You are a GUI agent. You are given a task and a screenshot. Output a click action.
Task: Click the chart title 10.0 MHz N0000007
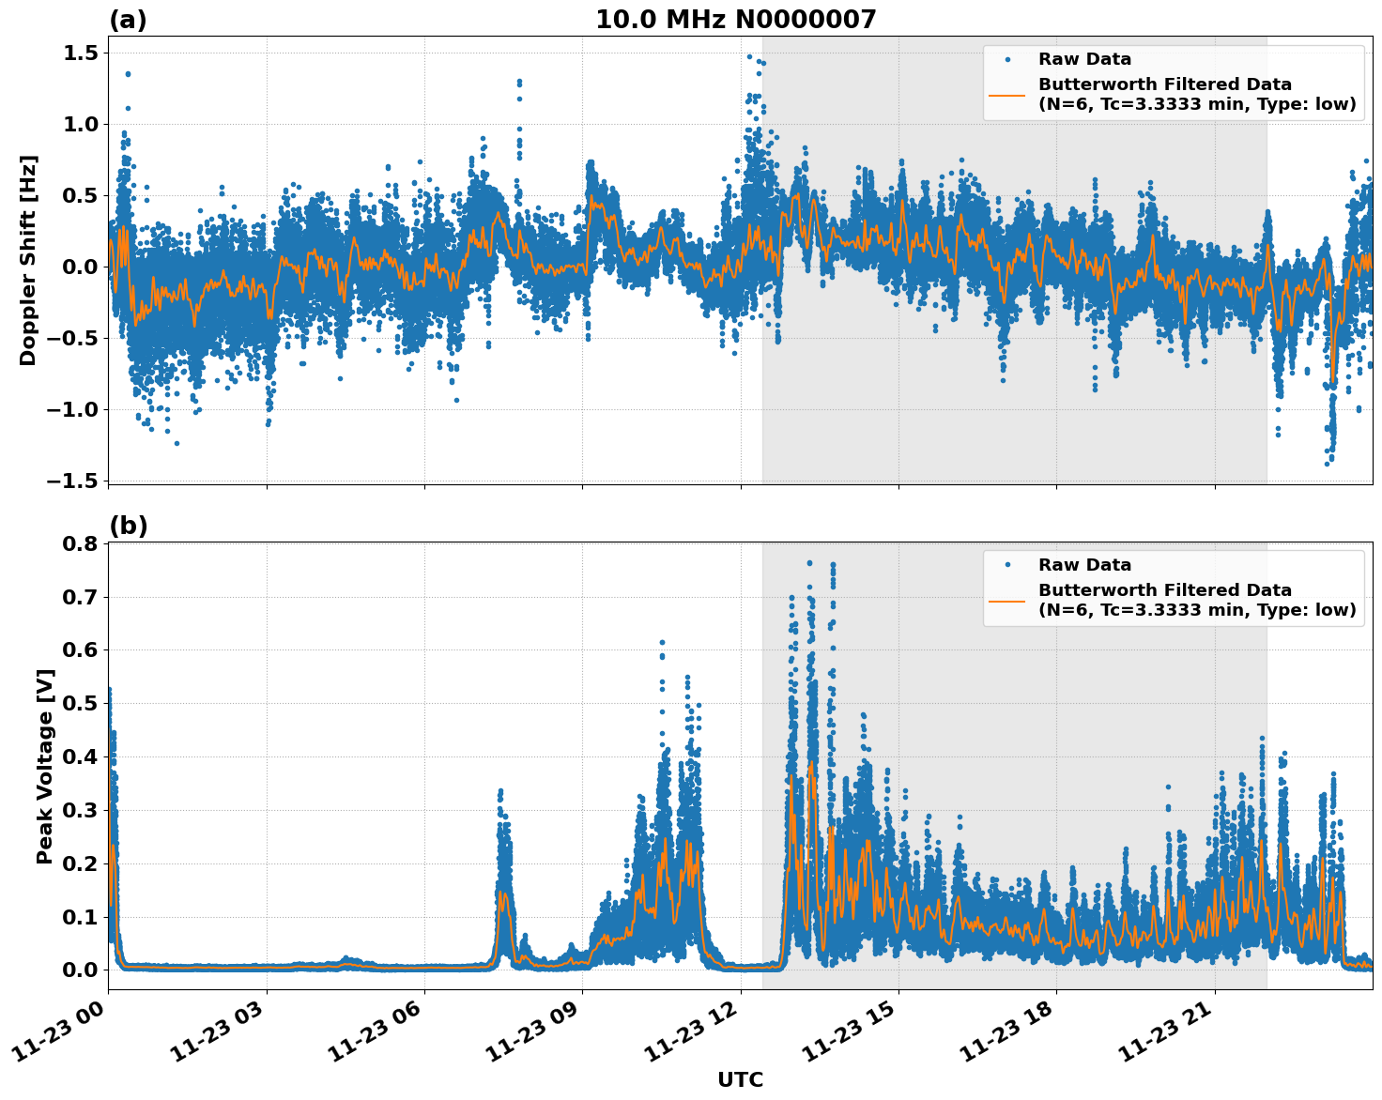pos(735,20)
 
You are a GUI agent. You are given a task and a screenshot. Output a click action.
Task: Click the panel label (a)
pos(128,20)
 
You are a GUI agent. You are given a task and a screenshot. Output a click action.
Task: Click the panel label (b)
pos(128,527)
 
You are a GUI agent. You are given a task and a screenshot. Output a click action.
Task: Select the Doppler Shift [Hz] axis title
pos(28,260)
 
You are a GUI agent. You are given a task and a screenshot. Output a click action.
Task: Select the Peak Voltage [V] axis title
pos(44,766)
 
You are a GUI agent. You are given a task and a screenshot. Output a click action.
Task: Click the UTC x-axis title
pos(740,1079)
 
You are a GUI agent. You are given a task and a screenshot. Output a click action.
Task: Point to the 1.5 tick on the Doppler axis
pos(80,53)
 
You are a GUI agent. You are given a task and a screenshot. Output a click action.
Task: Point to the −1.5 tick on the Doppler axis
pos(72,481)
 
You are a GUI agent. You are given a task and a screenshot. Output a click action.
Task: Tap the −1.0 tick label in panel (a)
pos(72,409)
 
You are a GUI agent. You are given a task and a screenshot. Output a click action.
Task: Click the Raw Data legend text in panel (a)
pos(1084,59)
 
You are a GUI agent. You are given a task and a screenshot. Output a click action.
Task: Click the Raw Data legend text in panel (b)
pos(1084,565)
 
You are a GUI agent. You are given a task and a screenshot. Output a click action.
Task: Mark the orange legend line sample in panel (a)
pos(1007,95)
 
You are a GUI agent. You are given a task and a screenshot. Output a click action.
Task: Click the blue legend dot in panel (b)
pos(1007,565)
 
